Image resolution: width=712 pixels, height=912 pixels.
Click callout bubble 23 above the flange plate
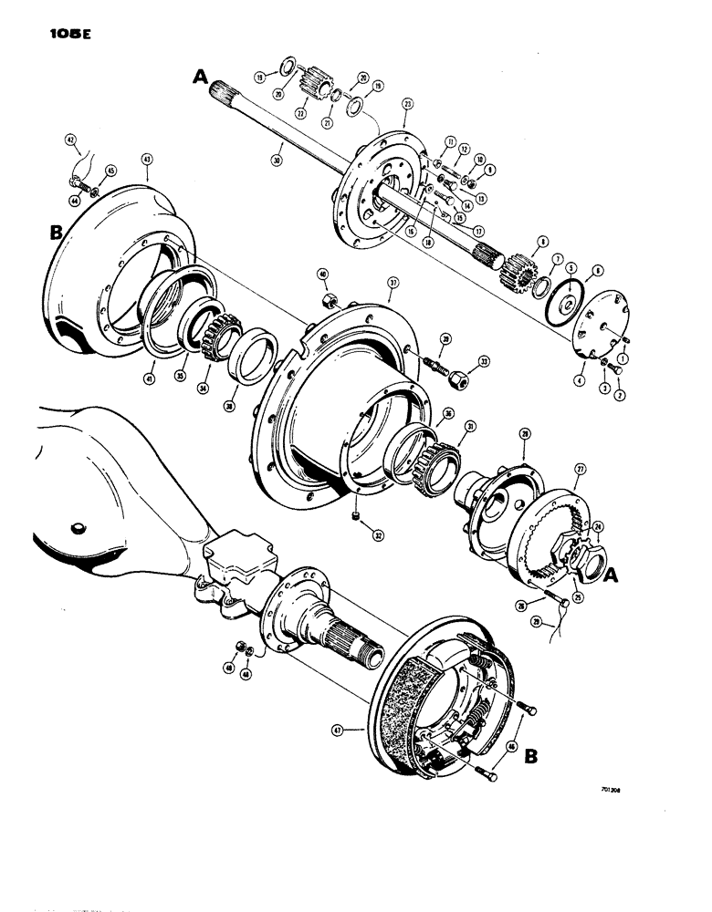pos(406,105)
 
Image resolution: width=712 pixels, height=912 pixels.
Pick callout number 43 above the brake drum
pos(147,159)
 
